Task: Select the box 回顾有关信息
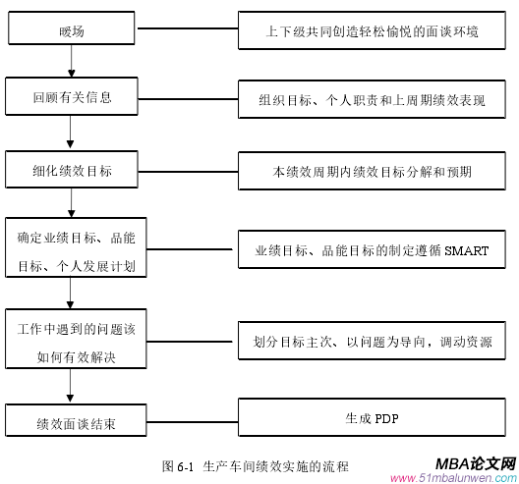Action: [72, 97]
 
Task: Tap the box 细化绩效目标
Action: [72, 171]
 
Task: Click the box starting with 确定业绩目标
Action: [76, 251]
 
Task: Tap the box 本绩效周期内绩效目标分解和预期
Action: [373, 171]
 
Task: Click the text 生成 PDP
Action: [372, 418]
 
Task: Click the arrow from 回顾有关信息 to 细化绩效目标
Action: [72, 134]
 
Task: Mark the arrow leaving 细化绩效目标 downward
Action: [72, 203]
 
